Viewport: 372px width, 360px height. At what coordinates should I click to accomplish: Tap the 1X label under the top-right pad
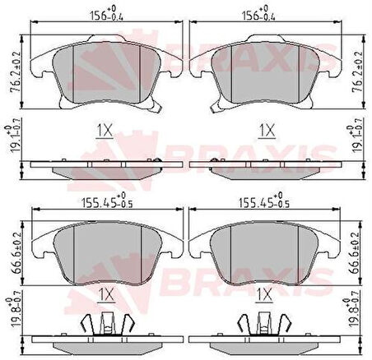click(265, 130)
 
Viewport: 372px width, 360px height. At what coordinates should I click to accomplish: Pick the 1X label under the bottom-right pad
click(265, 293)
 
